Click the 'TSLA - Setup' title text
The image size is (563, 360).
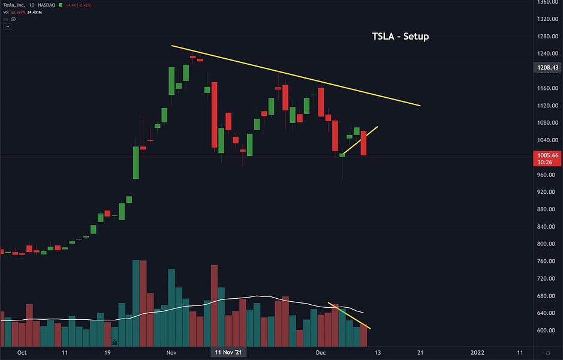click(x=401, y=37)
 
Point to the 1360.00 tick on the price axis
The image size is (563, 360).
click(x=548, y=2)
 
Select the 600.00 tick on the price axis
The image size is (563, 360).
click(x=547, y=331)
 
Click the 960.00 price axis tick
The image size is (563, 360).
click(x=547, y=175)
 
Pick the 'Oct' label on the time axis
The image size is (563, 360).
click(x=22, y=353)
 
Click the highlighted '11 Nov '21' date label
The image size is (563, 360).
click(x=228, y=353)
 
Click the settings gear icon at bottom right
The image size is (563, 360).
click(x=548, y=353)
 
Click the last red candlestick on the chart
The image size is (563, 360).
click(x=363, y=143)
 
